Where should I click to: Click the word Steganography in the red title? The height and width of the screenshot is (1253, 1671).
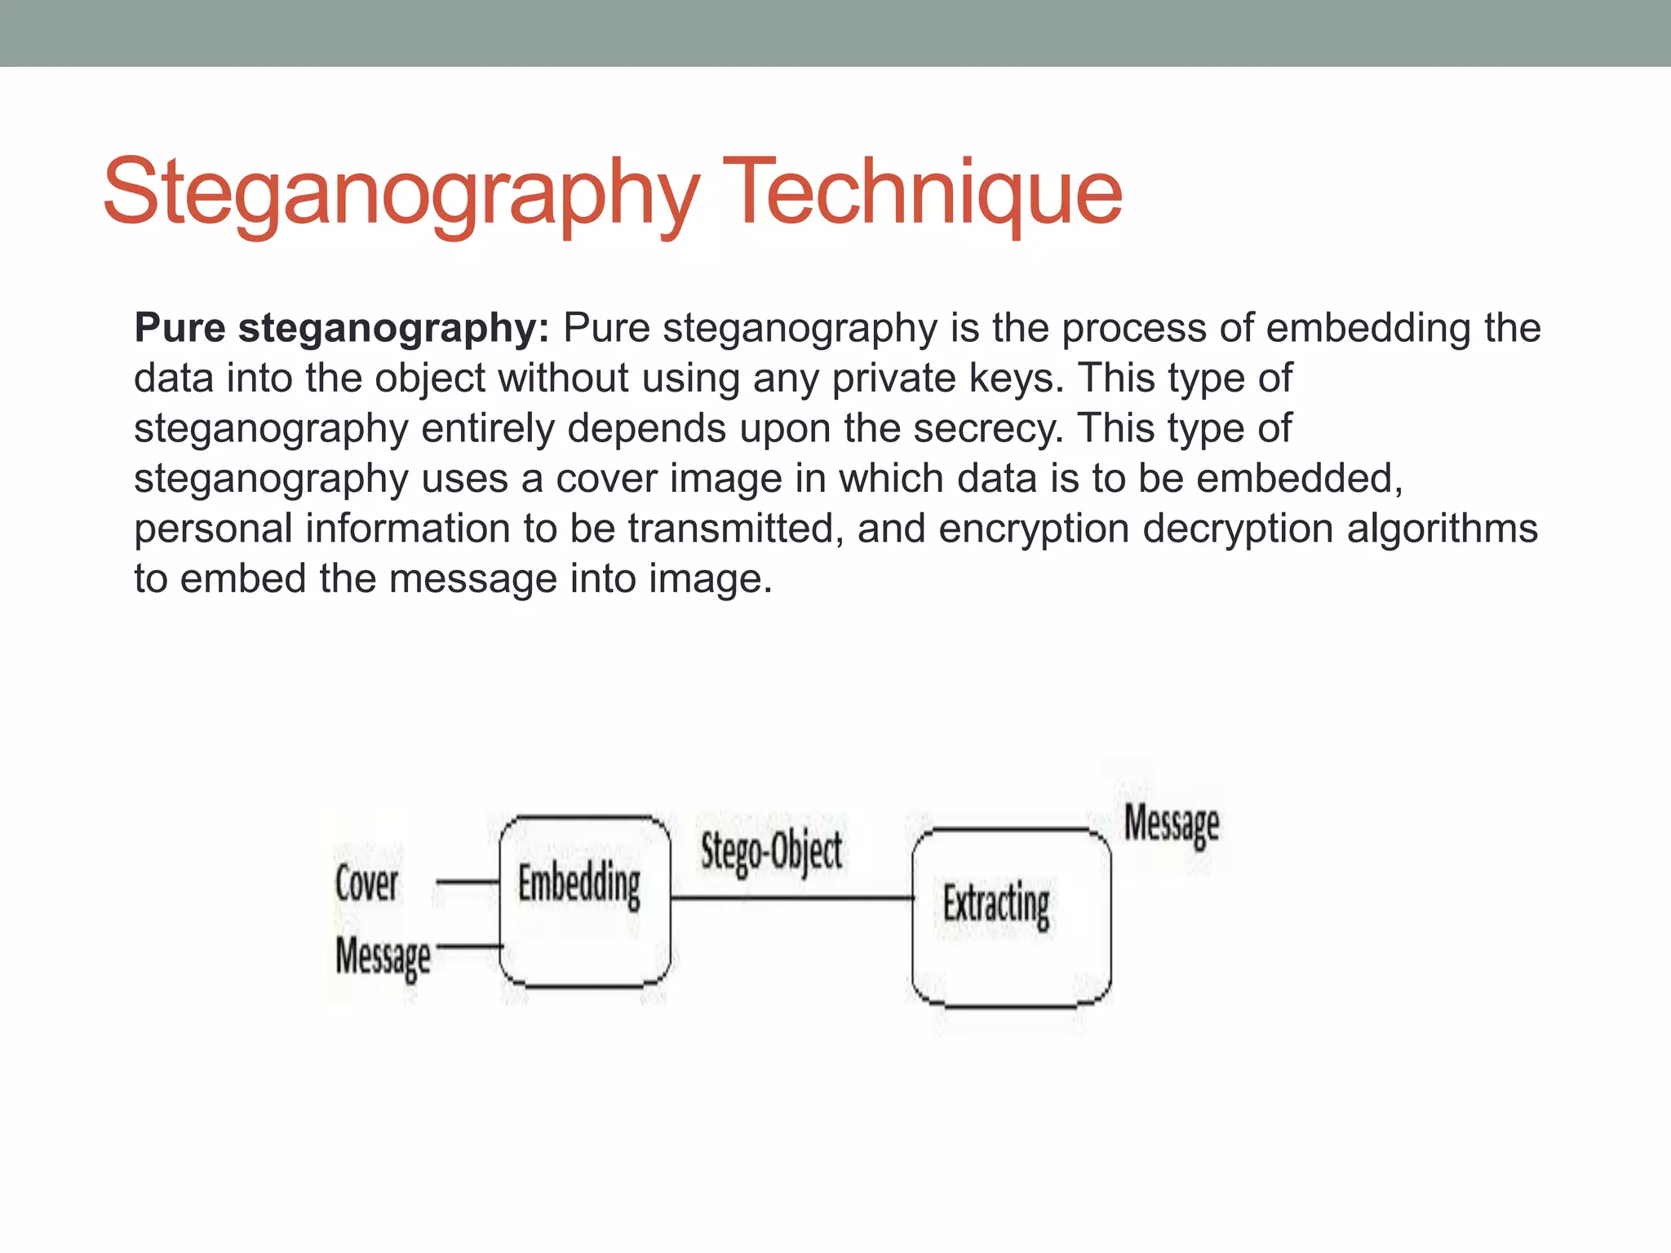[x=401, y=194]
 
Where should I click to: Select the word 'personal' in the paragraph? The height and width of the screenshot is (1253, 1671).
[x=213, y=529]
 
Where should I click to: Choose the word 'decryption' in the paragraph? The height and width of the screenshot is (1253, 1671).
[x=1237, y=529]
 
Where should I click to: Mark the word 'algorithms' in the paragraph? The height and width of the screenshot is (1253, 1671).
[x=1442, y=529]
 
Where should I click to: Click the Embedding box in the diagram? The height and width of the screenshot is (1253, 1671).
[x=584, y=901]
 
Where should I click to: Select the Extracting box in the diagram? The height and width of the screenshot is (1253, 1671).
[x=1011, y=918]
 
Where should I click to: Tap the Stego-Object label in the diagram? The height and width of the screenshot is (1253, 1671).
[x=771, y=852]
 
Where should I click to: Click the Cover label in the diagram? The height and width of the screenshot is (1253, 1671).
[x=366, y=883]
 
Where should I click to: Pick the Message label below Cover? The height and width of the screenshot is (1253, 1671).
[x=383, y=956]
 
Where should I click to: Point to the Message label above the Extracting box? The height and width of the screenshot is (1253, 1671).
[x=1172, y=824]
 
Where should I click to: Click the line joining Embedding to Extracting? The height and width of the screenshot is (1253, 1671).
[x=791, y=898]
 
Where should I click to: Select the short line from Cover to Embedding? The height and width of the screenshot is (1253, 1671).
[x=468, y=882]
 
